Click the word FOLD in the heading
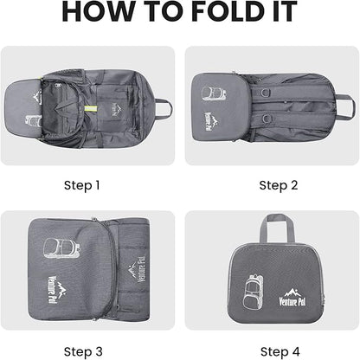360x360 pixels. tap(228, 11)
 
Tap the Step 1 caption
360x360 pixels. tap(82, 185)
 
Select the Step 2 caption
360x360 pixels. tap(279, 185)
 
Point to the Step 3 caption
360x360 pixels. tap(83, 351)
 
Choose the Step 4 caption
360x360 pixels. tap(280, 351)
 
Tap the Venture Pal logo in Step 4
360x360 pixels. tap(292, 297)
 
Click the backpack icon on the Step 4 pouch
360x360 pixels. tap(253, 292)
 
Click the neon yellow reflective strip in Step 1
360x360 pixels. tap(91, 109)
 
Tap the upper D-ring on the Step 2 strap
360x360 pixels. tap(266, 93)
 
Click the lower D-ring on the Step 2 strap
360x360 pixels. tap(266, 119)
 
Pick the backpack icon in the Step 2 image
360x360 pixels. tap(214, 93)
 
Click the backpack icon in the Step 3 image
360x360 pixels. tap(61, 248)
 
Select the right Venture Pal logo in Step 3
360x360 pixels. tap(137, 269)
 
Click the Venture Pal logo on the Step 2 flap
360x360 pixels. tap(210, 121)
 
